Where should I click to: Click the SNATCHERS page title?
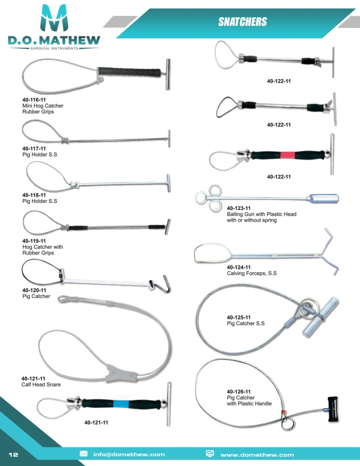[x=242, y=22]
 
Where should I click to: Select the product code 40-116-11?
[x=34, y=100]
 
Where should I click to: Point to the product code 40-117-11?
[x=34, y=148]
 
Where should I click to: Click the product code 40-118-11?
[x=34, y=195]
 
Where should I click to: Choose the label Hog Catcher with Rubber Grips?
[x=42, y=250]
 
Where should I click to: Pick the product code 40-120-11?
[x=34, y=290]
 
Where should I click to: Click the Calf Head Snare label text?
[x=41, y=384]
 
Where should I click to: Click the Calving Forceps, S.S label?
[x=252, y=273]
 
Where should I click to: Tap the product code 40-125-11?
[x=239, y=317]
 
